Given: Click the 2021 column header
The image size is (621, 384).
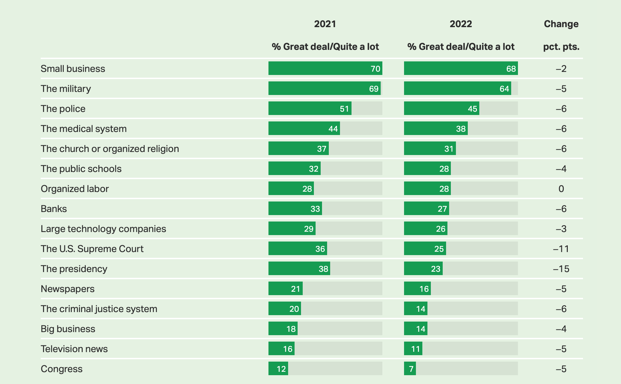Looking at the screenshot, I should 325,24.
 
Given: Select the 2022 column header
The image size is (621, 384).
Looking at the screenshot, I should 461,24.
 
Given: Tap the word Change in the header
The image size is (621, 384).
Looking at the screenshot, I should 561,24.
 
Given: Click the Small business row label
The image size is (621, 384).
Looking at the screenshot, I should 73,69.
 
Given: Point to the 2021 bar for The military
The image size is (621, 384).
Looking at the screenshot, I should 324,89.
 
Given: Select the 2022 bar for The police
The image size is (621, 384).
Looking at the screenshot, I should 441,109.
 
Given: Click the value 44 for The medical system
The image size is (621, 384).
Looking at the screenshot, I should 333,129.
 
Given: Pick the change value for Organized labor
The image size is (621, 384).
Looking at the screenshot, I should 561,189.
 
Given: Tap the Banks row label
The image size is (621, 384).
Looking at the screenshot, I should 54,209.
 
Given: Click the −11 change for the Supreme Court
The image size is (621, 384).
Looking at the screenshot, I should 561,249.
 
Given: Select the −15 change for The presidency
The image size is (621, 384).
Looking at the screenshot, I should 561,269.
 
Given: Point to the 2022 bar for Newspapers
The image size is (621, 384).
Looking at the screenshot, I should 417,289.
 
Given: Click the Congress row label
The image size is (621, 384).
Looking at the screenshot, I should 62,369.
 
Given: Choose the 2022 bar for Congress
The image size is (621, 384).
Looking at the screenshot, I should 410,369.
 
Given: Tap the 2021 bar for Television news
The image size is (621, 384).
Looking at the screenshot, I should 281,349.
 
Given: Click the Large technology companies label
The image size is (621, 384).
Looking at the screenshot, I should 103,229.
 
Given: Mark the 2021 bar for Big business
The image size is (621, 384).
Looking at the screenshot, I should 283,329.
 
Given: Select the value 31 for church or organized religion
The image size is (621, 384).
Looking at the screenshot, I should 448,149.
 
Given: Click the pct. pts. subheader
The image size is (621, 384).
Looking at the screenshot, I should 561,46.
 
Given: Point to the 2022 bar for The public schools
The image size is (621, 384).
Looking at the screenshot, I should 427,169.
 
